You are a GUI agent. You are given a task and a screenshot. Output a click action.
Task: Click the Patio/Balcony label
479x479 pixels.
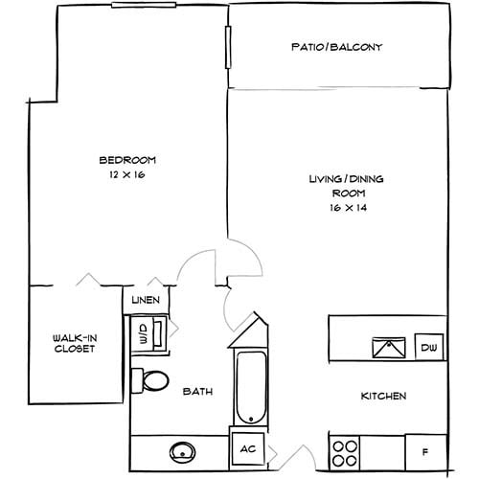[336, 46]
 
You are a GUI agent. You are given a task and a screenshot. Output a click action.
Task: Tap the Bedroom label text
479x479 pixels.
[127, 160]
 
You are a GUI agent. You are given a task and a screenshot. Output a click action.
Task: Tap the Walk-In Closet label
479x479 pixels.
[74, 342]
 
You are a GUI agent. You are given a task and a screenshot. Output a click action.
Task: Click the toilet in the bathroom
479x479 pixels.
[148, 379]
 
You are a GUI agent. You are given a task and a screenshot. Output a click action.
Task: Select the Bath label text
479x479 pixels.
[197, 391]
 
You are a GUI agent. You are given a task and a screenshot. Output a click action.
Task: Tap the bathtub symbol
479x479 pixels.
[249, 389]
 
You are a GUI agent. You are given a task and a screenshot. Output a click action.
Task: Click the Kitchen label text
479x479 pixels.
[383, 397]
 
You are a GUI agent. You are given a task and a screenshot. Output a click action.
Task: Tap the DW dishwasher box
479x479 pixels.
[427, 347]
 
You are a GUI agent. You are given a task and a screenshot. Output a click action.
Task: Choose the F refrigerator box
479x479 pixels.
[425, 448]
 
